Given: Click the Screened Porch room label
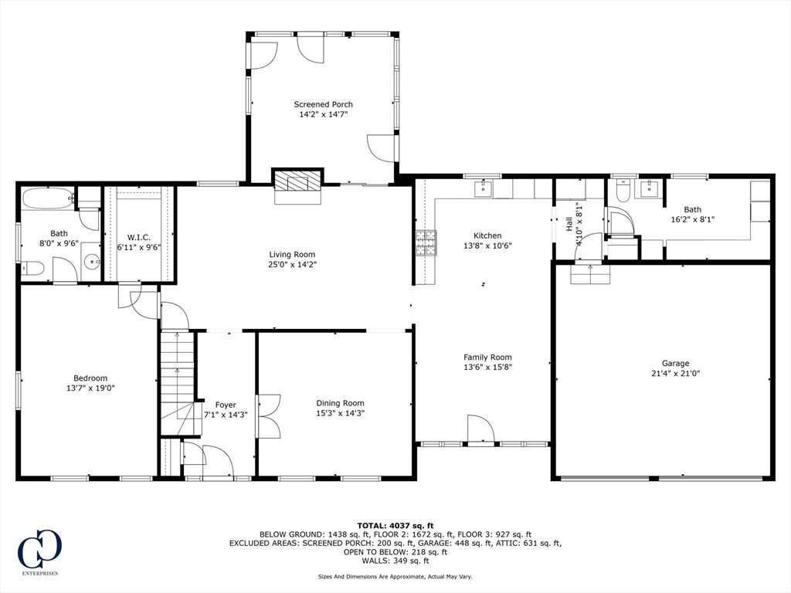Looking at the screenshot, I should click(323, 104).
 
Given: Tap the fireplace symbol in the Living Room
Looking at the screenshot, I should click(296, 183).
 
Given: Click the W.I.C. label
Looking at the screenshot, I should click(138, 237).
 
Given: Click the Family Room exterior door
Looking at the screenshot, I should click(480, 429).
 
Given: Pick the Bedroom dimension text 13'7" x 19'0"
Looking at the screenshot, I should click(90, 388).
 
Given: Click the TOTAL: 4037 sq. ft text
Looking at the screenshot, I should click(395, 525).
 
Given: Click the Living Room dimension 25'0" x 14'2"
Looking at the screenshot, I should click(292, 264).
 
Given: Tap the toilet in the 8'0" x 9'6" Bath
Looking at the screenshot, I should click(32, 268).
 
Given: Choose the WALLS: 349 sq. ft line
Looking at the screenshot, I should click(395, 561).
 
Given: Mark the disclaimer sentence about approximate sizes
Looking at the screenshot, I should click(395, 577).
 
